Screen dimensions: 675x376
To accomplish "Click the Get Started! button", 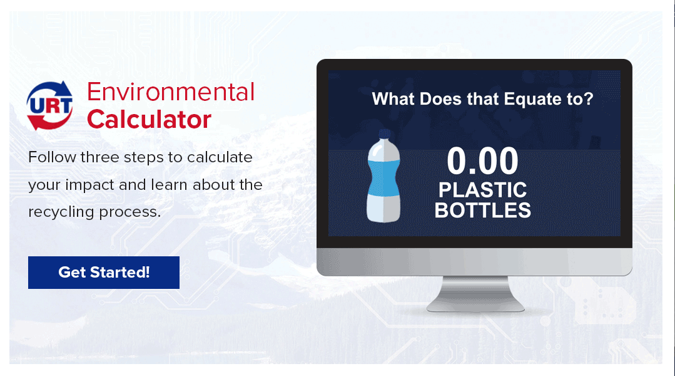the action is point(104,273).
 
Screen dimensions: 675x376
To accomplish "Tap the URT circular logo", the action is point(49,106).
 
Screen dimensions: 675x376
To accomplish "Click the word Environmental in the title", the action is point(171,92).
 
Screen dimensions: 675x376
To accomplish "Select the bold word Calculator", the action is point(149,120).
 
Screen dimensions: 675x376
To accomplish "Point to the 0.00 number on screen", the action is point(482,161).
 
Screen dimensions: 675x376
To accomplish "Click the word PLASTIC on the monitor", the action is point(482,190).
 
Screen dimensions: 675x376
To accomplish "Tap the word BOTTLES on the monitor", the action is point(482,211).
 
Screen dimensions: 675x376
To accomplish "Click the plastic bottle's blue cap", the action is point(385,134).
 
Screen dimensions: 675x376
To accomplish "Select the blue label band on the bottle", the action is point(383,177).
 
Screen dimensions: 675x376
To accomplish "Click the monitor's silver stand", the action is point(475,294).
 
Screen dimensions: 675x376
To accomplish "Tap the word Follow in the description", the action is point(52,157).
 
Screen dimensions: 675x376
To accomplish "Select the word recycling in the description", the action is point(61,212).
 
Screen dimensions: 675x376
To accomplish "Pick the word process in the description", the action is point(129,212).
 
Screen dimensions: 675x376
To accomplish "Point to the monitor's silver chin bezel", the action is point(474,262).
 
